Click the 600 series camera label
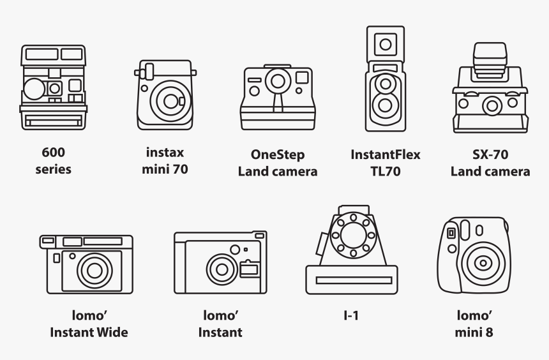[x=53, y=161]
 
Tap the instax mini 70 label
[x=165, y=161]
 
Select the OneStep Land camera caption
[x=278, y=163]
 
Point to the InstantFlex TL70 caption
[x=386, y=163]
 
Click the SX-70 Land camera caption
[x=490, y=163]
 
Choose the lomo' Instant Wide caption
[x=89, y=324]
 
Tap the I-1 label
[x=351, y=315]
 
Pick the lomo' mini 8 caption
[x=474, y=324]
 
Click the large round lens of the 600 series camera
[x=34, y=89]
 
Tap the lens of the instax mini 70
[x=170, y=101]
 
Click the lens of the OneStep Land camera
[x=278, y=81]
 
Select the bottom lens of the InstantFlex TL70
[x=386, y=105]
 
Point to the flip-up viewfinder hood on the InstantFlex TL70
[x=386, y=45]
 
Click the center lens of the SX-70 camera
[x=492, y=106]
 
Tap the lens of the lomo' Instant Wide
[x=94, y=271]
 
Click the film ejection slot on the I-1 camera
[x=354, y=280]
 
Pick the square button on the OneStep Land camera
[x=302, y=77]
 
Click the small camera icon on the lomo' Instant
[x=249, y=269]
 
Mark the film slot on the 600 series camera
[x=53, y=122]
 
